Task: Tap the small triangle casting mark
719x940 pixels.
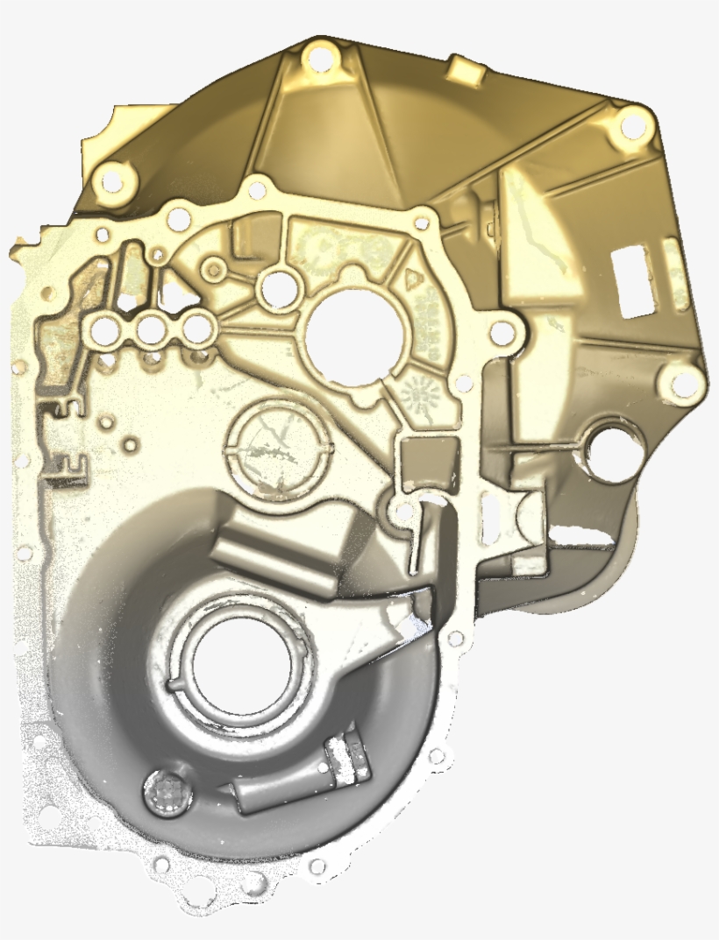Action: click(x=412, y=279)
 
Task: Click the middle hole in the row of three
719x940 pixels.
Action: click(x=152, y=330)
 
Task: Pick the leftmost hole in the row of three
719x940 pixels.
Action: click(x=105, y=330)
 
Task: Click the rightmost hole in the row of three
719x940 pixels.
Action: click(x=197, y=329)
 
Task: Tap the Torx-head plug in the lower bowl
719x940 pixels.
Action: click(x=165, y=794)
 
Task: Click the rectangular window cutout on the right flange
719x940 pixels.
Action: click(x=635, y=280)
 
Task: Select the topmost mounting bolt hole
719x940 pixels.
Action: click(x=321, y=60)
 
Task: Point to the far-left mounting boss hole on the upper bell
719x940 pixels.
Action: click(x=112, y=181)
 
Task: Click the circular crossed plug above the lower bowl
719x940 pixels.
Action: click(x=279, y=448)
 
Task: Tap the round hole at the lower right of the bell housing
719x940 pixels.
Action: click(x=614, y=452)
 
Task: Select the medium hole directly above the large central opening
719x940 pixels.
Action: click(x=280, y=287)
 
